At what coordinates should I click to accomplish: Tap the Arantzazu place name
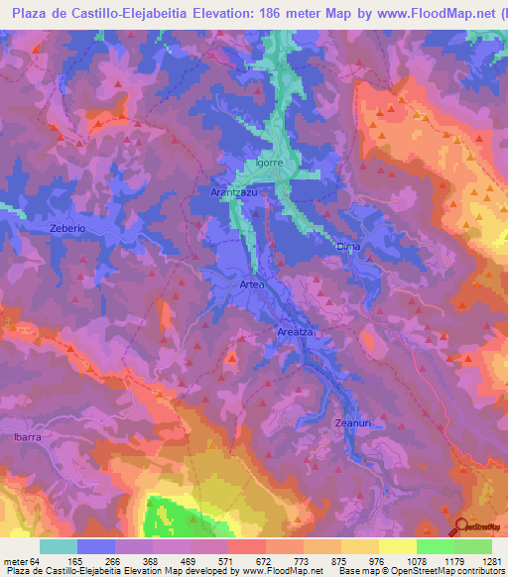pos(234,192)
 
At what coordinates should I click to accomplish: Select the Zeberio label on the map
pos(68,228)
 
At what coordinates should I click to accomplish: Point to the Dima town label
pos(347,246)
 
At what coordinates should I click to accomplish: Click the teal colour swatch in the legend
pos(58,546)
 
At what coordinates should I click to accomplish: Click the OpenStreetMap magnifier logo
pos(461,526)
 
